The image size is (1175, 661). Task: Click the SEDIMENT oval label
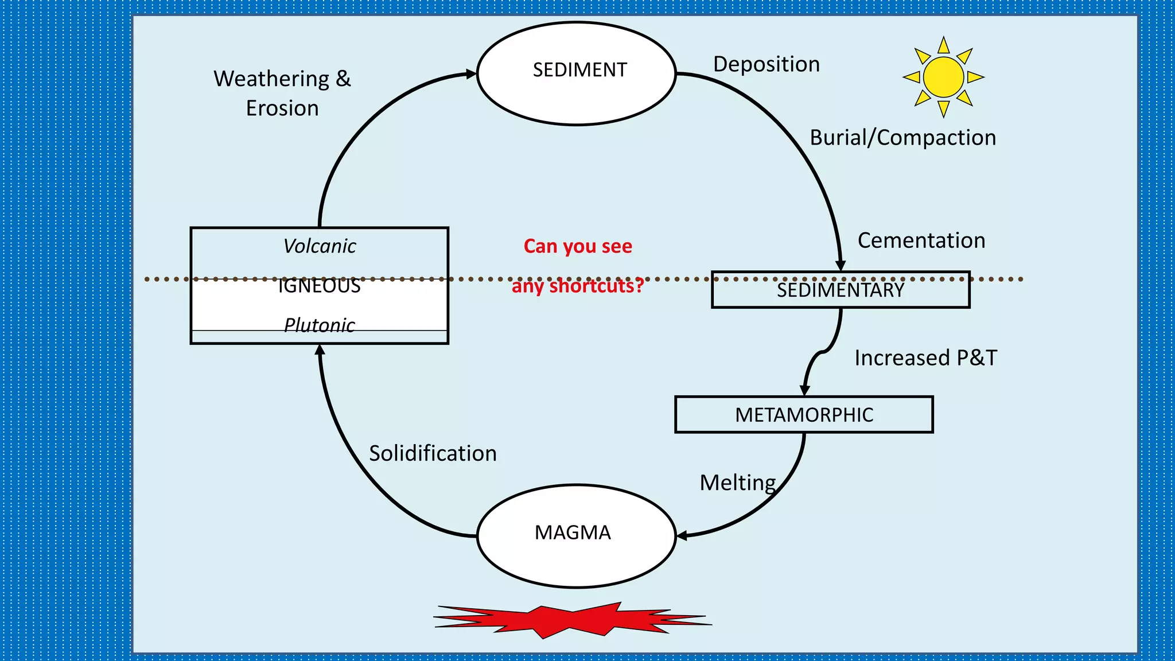click(x=579, y=70)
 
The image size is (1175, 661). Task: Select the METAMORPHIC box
click(x=804, y=414)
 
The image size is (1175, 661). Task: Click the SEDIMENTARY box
click(x=840, y=290)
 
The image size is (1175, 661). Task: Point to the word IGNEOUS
click(x=319, y=286)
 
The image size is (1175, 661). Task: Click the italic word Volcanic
click(x=320, y=246)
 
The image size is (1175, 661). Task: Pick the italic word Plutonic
click(x=320, y=325)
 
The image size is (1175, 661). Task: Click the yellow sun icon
click(x=943, y=77)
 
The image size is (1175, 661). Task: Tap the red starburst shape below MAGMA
click(x=572, y=620)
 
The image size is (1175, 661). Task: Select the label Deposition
click(x=766, y=64)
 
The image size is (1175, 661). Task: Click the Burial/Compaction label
click(x=902, y=138)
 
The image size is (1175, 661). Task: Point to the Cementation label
click(x=921, y=240)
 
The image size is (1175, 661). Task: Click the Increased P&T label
click(x=925, y=358)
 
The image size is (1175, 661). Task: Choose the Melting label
click(x=738, y=483)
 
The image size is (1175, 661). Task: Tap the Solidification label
click(x=433, y=453)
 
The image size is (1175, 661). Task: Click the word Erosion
click(x=282, y=108)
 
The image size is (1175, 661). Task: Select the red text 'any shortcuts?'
click(x=578, y=286)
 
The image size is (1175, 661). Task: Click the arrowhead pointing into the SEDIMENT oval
click(x=471, y=74)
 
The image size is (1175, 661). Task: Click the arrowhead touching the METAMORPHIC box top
click(x=804, y=390)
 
